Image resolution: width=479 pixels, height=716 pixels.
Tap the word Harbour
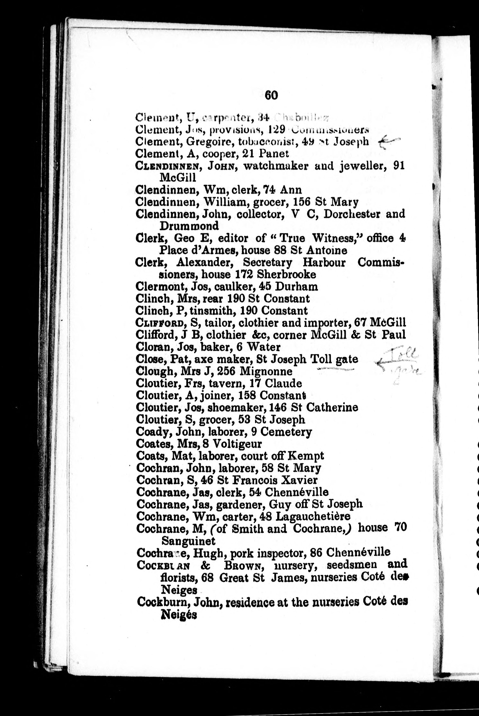point(324,263)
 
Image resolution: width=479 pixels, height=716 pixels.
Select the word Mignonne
point(266,371)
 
